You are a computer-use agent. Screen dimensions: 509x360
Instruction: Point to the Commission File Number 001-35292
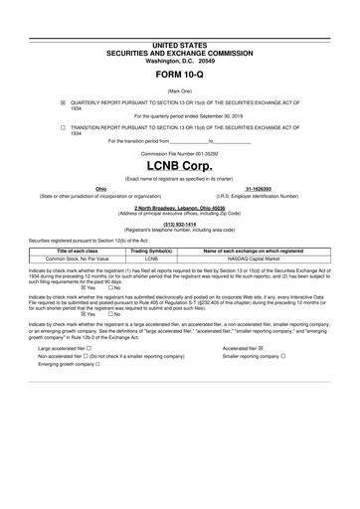[180, 153]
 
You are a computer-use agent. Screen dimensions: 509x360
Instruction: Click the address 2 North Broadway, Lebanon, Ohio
[180, 207]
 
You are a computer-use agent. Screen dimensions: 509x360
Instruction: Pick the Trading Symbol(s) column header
[152, 252]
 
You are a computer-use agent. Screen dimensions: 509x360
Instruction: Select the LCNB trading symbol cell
[152, 258]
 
